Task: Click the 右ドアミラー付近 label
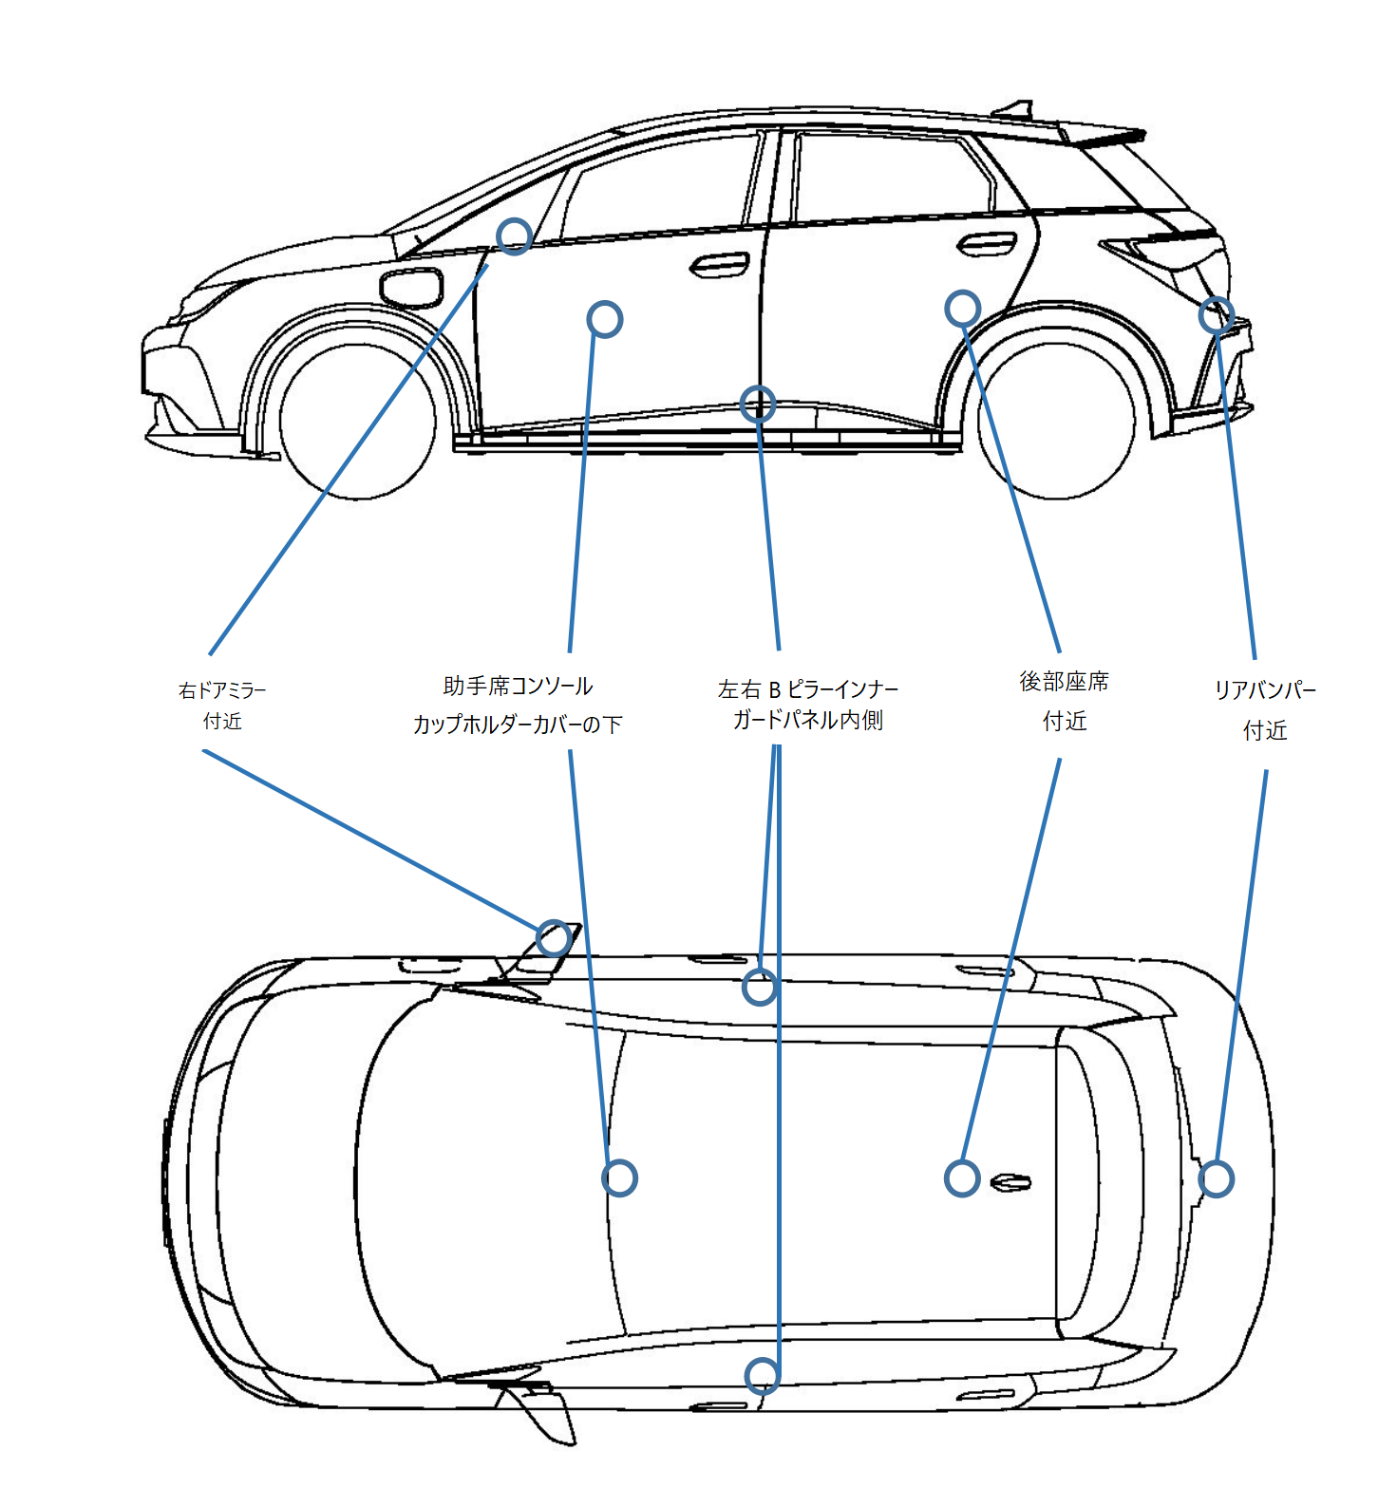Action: [x=222, y=706]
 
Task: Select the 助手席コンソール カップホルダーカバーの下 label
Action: [x=518, y=706]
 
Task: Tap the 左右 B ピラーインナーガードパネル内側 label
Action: [x=807, y=705]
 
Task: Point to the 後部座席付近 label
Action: [x=1064, y=701]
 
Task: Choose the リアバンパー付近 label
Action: [x=1265, y=709]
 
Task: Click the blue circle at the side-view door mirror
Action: [x=514, y=235]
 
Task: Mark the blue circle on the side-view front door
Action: [x=605, y=319]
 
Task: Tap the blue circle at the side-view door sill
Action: [x=758, y=405]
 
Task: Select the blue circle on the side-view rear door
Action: [x=962, y=308]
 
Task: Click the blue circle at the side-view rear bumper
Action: [x=1216, y=314]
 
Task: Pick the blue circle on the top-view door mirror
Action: [x=553, y=938]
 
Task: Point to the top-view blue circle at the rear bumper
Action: [x=1216, y=1178]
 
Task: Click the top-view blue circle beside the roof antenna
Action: [x=962, y=1178]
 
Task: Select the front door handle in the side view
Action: [x=718, y=265]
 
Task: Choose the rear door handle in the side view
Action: [x=986, y=244]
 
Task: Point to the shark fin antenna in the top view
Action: [x=1010, y=1183]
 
